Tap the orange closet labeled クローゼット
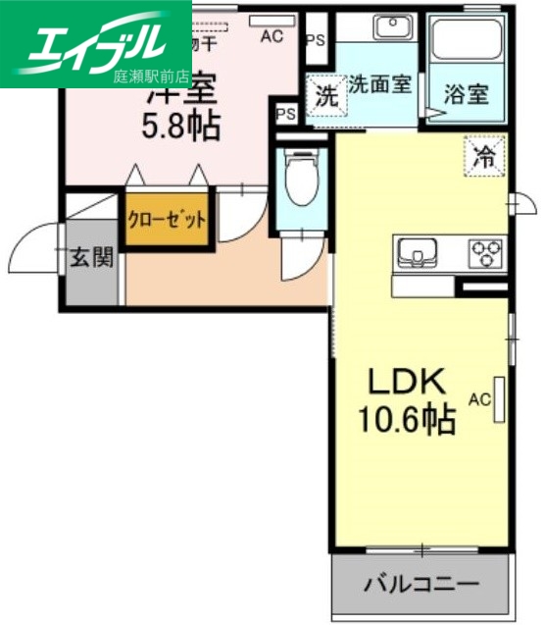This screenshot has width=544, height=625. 167,219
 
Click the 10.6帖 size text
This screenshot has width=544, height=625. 406,419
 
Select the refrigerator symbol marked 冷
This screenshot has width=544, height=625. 484,154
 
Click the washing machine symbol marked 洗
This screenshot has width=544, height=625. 324,95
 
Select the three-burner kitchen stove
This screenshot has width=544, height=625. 484,254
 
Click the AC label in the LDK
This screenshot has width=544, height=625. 479,399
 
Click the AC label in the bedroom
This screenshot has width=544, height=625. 272,37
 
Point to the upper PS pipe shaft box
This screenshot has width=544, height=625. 315,40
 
